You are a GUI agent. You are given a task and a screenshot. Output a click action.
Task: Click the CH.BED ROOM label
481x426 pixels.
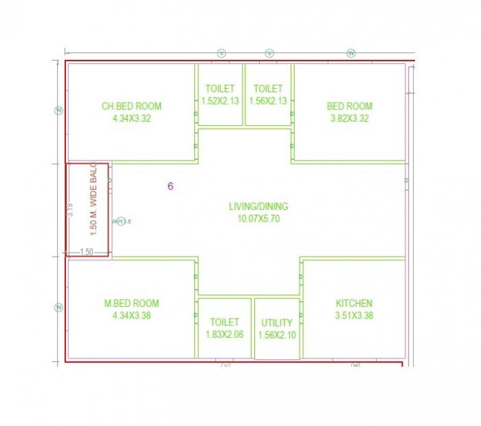[x=131, y=106]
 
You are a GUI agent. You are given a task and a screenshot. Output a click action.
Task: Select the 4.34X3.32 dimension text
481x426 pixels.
[x=131, y=118]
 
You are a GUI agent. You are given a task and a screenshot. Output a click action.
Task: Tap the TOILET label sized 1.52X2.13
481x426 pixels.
[x=220, y=89]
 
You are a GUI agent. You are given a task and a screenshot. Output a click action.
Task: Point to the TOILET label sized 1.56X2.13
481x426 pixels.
[x=268, y=89]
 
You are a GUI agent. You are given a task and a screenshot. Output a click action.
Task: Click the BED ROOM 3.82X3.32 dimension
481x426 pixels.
[x=350, y=118]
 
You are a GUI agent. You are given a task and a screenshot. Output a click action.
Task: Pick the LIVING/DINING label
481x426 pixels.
[x=258, y=206]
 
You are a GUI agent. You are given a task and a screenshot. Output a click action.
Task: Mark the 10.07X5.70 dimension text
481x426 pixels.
[x=258, y=219]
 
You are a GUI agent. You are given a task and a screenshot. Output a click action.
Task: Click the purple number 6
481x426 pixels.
[x=170, y=186]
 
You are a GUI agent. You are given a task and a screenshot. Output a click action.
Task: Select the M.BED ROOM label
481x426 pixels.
[x=131, y=303]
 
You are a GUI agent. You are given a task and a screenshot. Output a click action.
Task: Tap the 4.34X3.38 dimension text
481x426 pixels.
[x=131, y=316]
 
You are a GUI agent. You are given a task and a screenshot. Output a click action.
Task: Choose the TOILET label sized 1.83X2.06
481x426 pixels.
[x=225, y=322]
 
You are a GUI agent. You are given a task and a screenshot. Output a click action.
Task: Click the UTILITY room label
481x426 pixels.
[x=277, y=323]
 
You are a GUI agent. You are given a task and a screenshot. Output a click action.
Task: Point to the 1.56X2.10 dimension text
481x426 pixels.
[x=277, y=334]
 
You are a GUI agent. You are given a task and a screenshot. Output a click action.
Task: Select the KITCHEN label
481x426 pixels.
[x=354, y=303]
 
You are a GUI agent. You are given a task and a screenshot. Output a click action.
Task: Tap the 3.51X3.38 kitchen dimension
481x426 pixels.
[x=354, y=316]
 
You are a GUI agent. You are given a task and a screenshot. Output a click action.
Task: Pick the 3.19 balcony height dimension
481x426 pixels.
[x=70, y=211]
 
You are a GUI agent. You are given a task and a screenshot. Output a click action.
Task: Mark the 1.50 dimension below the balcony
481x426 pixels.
[x=87, y=252]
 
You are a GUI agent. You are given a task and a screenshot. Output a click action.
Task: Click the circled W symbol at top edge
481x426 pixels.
[x=351, y=53]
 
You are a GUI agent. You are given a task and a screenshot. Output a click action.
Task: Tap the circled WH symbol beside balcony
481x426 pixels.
[x=120, y=221]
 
